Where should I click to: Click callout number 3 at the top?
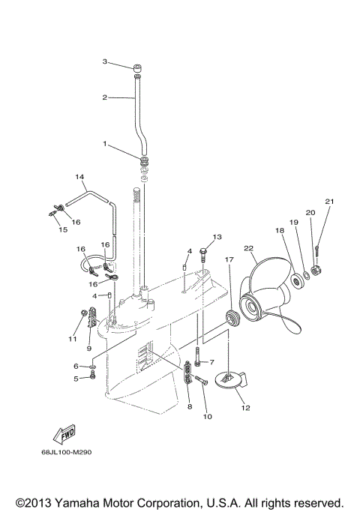tap(106, 61)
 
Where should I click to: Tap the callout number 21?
tap(329, 201)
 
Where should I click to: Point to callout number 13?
tap(217, 237)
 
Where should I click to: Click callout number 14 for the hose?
tap(78, 177)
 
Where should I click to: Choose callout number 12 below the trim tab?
tap(245, 409)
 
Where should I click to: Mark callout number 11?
tap(72, 340)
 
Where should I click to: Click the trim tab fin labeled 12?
tap(229, 381)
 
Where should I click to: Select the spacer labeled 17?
tap(233, 317)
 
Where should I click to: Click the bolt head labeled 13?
tap(202, 253)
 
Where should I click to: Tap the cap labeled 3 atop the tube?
tap(139, 71)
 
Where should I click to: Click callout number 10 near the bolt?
tap(207, 416)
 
